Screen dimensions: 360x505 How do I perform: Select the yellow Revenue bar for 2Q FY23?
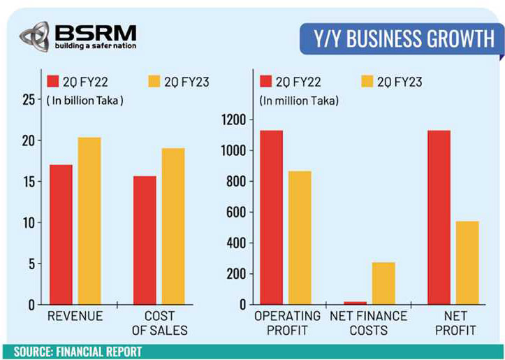(x=89, y=220)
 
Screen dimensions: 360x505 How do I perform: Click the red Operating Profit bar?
(x=270, y=217)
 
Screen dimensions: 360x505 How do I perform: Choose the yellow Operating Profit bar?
(x=300, y=237)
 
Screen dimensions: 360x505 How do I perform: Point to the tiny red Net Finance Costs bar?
(x=356, y=303)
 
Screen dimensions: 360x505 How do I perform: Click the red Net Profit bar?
(x=439, y=217)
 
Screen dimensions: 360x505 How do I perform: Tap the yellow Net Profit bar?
(x=467, y=262)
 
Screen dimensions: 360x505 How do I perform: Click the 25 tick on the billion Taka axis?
(x=27, y=99)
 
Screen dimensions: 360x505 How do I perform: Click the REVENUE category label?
(x=75, y=317)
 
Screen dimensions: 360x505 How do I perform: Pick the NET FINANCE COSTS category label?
(x=369, y=323)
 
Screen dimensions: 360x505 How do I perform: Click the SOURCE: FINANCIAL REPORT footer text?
(x=77, y=351)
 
